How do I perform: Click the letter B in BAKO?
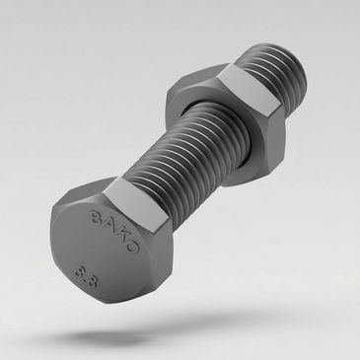click(97, 217)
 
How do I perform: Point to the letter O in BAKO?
click(131, 246)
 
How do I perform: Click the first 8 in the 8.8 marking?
click(79, 270)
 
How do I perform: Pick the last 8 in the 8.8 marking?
click(93, 281)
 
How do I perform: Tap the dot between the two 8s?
click(86, 278)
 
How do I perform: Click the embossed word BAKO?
click(114, 232)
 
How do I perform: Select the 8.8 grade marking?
click(86, 276)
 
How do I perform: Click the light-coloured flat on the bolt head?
click(136, 203)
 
